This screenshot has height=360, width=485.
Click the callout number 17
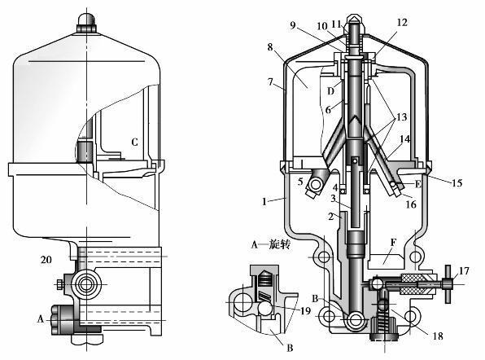click(x=464, y=271)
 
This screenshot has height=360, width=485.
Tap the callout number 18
click(x=438, y=336)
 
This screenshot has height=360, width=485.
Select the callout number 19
click(x=305, y=310)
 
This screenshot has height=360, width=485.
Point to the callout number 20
click(x=46, y=259)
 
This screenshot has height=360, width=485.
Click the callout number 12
click(x=402, y=23)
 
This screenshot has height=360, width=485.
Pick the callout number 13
click(x=402, y=117)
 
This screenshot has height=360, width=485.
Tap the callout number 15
click(x=457, y=182)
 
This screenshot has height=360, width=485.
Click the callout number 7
click(x=271, y=81)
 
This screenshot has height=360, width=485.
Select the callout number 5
click(x=300, y=182)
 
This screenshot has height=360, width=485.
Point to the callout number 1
click(x=264, y=202)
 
